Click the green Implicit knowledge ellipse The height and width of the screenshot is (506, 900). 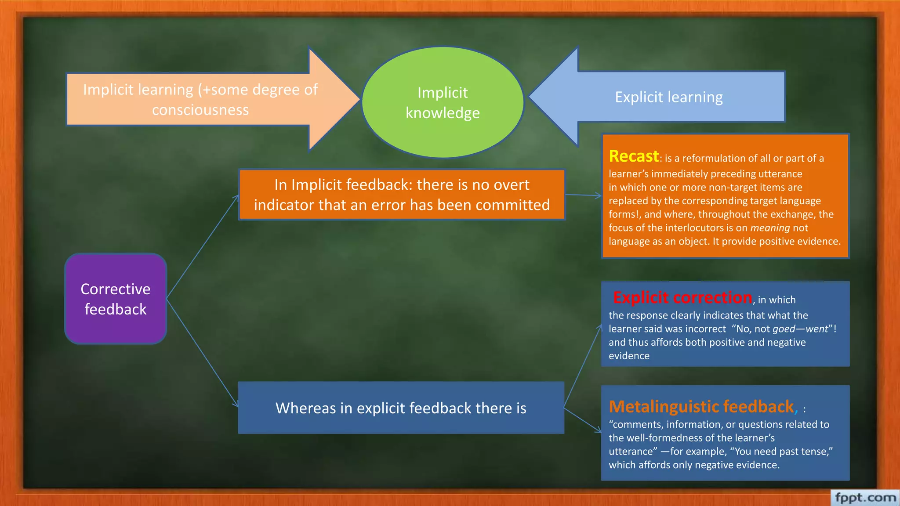pos(443,102)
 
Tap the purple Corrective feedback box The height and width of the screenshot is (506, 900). pos(116,299)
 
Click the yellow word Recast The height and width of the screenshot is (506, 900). pos(634,156)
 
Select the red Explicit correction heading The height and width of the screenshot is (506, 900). pos(682,298)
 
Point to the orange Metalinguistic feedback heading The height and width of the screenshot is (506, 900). pos(701,407)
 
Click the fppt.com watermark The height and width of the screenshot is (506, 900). pos(865,498)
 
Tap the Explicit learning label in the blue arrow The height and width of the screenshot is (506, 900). pos(668,97)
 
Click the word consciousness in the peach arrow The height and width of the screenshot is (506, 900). pos(200,110)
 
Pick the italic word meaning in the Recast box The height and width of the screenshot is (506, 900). pos(770,228)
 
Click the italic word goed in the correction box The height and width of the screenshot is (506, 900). pos(784,329)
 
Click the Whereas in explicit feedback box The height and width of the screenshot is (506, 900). pos(401,408)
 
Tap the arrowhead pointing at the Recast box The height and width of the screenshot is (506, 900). pos(599,196)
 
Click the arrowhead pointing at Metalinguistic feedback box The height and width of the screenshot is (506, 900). pos(598,430)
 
